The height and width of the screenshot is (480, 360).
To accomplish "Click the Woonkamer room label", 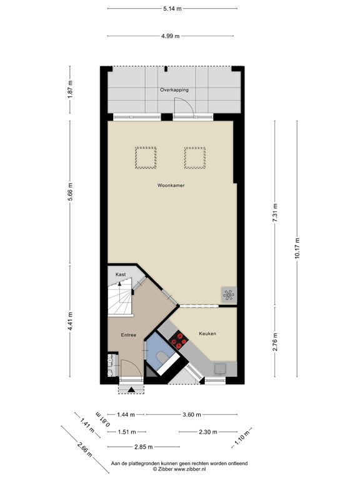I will tap(171, 186).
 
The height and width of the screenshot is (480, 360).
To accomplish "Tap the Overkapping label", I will tap(174, 90).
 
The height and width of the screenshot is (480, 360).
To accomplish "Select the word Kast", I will tap(121, 274).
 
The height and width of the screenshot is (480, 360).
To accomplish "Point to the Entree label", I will tap(129, 335).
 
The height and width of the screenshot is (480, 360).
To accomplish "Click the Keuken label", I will tap(207, 334).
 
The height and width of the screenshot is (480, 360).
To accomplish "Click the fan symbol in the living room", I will tap(228, 295).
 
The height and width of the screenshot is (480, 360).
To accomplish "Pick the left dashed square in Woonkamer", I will tap(146, 157).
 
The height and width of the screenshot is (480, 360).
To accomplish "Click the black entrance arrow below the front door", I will tap(131, 391).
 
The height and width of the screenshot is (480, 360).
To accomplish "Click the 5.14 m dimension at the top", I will tap(172, 8).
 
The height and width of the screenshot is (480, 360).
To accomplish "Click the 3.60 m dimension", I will tap(192, 414).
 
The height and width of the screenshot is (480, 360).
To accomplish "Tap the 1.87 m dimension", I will tap(71, 89).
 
